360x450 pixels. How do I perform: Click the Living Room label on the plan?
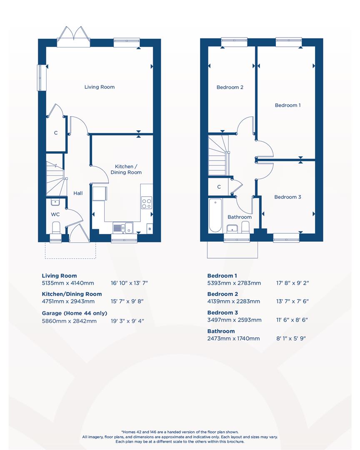[99, 87]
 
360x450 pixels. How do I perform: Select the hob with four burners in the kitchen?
[147, 203]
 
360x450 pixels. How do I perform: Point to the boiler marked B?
[149, 229]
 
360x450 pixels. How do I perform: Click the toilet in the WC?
[56, 228]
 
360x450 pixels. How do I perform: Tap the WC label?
[55, 215]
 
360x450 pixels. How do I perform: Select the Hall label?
[78, 193]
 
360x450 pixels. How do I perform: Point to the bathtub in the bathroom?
[215, 215]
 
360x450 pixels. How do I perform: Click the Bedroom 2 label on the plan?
[230, 87]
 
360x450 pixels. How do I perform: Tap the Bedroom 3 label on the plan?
[287, 197]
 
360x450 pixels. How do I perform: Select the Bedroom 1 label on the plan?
[287, 105]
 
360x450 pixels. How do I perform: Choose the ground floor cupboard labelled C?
[55, 133]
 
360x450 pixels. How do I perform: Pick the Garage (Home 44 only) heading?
[74, 313]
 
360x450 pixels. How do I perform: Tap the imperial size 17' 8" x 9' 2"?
[292, 283]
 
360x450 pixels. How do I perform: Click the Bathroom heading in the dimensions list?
[221, 331]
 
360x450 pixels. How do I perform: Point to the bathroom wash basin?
[232, 228]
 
